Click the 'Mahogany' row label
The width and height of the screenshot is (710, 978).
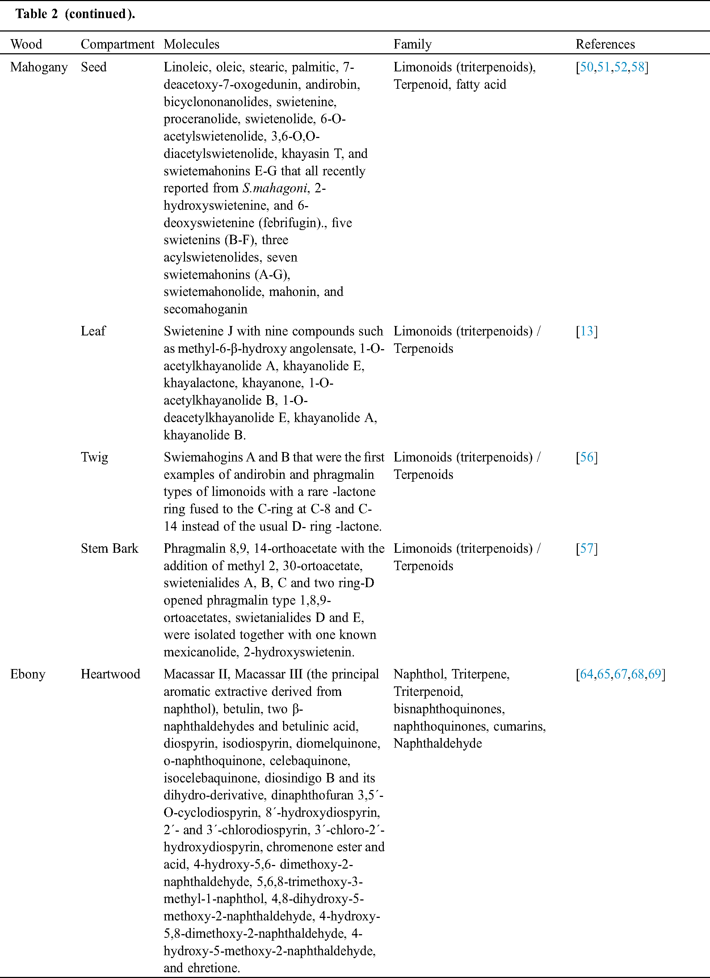[39, 67]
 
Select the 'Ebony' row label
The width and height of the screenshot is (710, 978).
[28, 674]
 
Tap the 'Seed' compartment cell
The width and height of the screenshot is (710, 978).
[93, 67]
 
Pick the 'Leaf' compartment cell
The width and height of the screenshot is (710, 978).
[93, 331]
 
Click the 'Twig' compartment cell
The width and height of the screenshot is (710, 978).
[94, 457]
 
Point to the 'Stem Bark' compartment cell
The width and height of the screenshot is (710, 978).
[109, 548]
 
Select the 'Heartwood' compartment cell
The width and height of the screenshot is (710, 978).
[110, 674]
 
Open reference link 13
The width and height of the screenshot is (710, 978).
[587, 331]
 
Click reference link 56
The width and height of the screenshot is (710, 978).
[587, 457]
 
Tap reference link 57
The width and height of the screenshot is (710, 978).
[587, 548]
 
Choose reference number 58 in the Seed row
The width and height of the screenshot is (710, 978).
[638, 67]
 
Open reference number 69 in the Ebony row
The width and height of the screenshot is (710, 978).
[654, 674]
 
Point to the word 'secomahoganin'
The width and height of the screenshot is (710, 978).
[205, 309]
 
